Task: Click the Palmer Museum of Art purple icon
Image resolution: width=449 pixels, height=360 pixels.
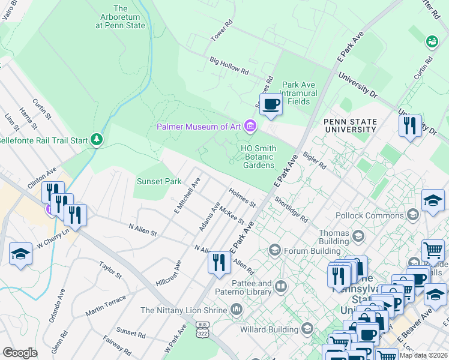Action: (x=250, y=126)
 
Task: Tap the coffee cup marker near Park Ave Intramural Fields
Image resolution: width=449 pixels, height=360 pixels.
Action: (x=271, y=104)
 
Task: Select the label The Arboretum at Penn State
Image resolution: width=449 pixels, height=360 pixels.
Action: (x=120, y=17)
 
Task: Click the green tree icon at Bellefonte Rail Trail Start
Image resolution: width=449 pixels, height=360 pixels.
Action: (x=97, y=140)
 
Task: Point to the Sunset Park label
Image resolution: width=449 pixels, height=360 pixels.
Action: (x=158, y=181)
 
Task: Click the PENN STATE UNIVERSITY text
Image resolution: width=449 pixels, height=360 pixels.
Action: (x=350, y=125)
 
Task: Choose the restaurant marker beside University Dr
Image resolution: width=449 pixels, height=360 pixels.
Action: (x=410, y=126)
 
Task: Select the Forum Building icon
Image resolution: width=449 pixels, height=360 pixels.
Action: (x=275, y=249)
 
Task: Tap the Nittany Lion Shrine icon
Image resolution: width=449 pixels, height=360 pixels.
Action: (x=237, y=310)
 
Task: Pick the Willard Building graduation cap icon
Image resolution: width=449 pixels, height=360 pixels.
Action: (x=307, y=329)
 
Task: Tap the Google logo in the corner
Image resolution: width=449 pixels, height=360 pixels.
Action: (x=20, y=353)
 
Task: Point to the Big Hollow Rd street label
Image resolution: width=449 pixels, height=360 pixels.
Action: (x=229, y=65)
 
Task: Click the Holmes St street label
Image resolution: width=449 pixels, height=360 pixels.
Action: (x=242, y=196)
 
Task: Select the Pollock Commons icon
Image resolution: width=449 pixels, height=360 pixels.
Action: (x=412, y=215)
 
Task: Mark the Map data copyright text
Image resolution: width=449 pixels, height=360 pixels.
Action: (x=423, y=355)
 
